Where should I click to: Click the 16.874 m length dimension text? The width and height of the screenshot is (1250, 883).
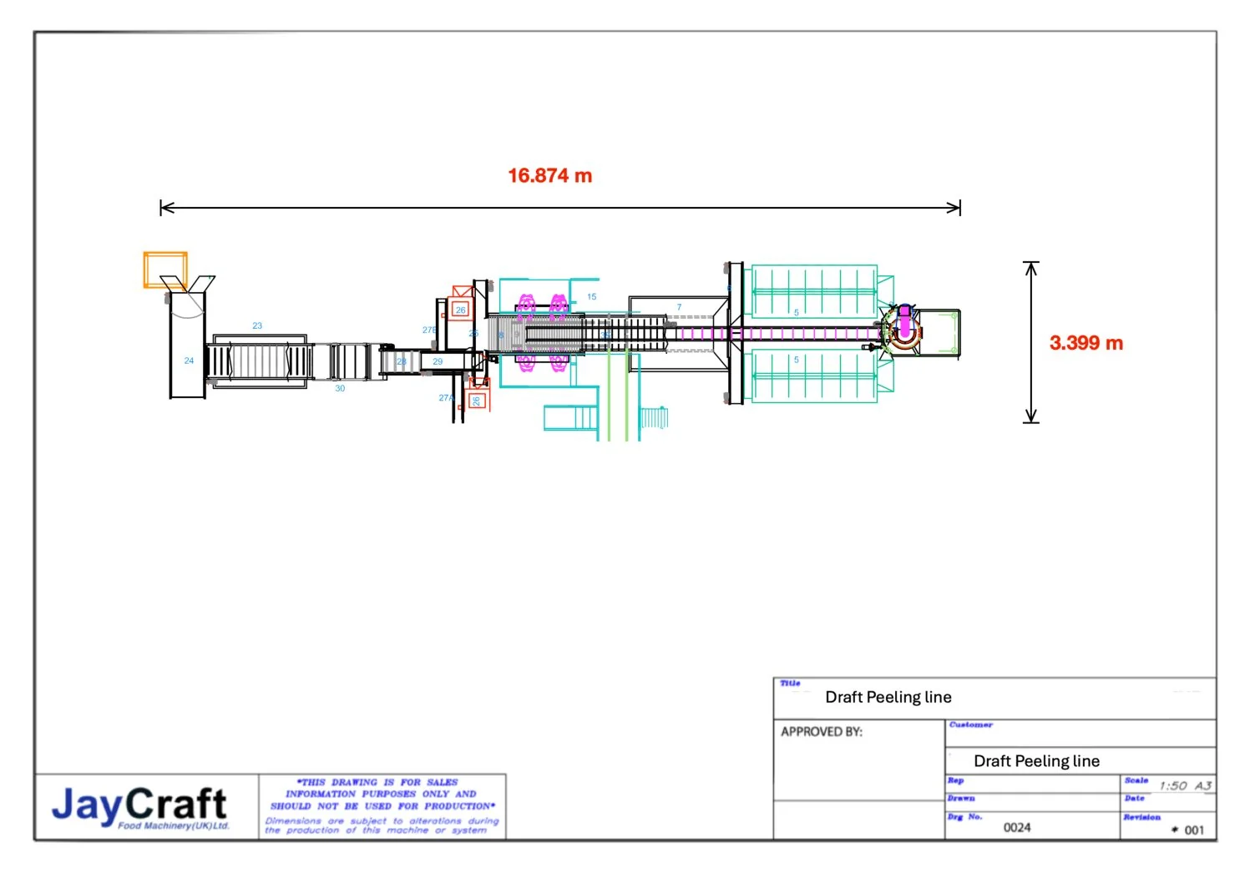(x=549, y=176)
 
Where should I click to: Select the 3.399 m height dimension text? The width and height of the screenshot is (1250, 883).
(x=1086, y=343)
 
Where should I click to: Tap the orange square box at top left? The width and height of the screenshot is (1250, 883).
(x=164, y=270)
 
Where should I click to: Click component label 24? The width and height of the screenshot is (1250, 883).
(x=189, y=361)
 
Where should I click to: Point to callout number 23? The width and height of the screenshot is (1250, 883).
(x=257, y=326)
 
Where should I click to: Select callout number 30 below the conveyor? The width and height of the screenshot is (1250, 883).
(x=340, y=389)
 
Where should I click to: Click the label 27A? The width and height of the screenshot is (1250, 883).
(x=446, y=398)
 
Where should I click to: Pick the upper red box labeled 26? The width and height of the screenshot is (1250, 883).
(x=460, y=310)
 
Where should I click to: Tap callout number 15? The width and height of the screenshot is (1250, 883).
(x=591, y=297)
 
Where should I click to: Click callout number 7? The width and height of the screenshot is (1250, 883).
(x=679, y=307)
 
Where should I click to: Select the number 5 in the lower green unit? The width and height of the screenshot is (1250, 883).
(x=796, y=361)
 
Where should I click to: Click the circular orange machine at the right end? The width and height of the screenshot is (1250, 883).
(x=903, y=331)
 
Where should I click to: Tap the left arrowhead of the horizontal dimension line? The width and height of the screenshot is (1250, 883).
(x=164, y=208)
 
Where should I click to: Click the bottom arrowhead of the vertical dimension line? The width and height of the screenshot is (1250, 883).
(x=1031, y=418)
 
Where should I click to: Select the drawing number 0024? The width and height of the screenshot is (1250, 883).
(x=1016, y=828)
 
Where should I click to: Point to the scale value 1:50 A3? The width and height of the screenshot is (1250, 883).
(x=1184, y=786)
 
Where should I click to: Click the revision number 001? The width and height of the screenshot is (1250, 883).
(x=1193, y=830)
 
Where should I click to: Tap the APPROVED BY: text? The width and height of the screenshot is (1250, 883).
(x=821, y=732)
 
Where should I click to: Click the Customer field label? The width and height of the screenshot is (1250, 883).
(x=970, y=725)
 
